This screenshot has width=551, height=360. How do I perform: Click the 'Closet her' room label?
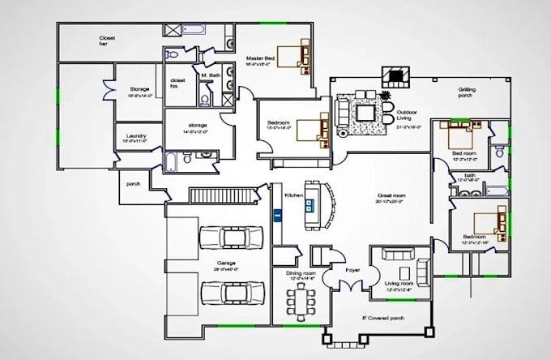coord(106,41)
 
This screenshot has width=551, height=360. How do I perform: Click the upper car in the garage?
coord(231,237)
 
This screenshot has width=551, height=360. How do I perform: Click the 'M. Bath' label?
coord(211,76)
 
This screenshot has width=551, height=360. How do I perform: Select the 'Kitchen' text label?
coord(293,195)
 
